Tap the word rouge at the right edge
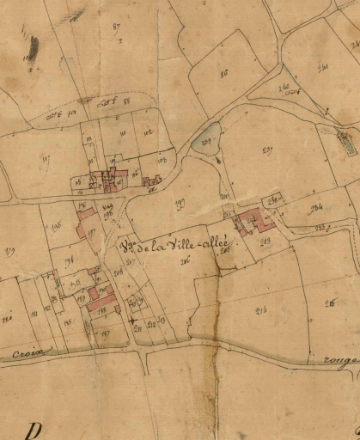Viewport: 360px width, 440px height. click(340, 363)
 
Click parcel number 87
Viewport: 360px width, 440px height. click(117, 27)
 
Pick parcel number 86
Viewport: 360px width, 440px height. click(223, 73)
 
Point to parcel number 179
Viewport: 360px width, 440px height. click(11, 251)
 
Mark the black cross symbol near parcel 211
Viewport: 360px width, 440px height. click(132, 321)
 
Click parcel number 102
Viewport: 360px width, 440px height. click(149, 133)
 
